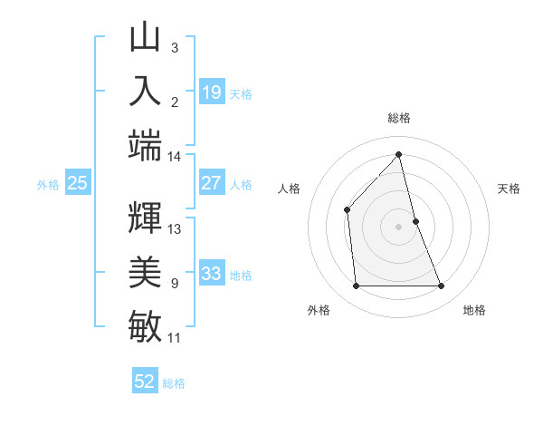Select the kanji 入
(145, 91)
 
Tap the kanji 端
(145, 143)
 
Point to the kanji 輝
(145, 217)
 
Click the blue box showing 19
(212, 92)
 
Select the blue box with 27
(212, 183)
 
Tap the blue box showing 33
(212, 273)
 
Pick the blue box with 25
(78, 183)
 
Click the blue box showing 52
(145, 382)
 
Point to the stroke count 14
(174, 157)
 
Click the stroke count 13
(175, 228)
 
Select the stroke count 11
(174, 338)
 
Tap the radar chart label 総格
(399, 118)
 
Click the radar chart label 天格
(510, 189)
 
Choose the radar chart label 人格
(289, 189)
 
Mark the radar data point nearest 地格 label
(442, 286)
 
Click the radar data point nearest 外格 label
(356, 286)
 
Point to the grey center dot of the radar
(399, 227)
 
